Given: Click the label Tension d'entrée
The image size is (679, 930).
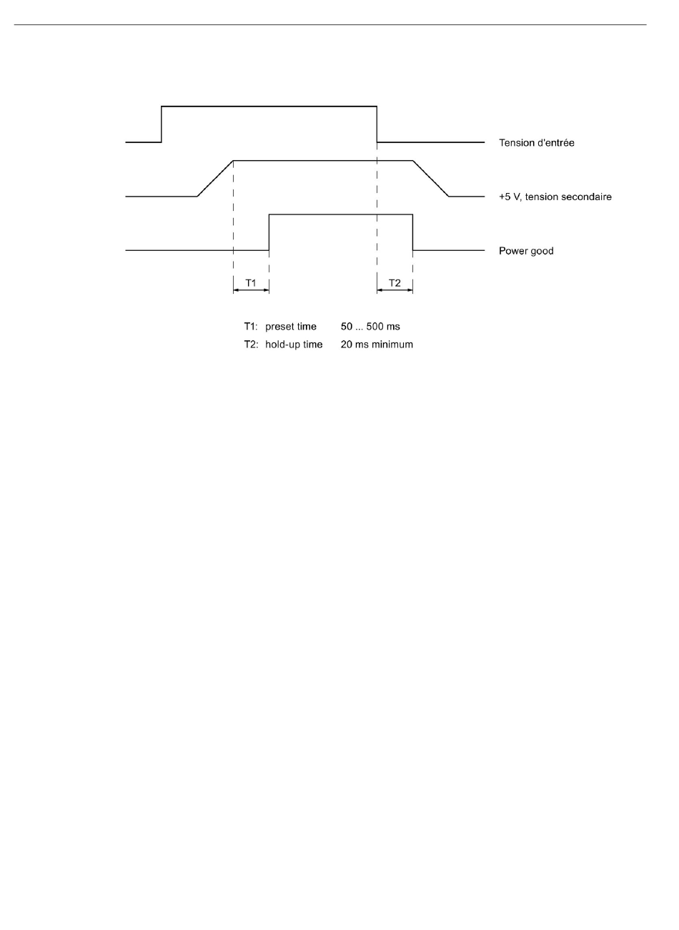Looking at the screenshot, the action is (x=536, y=143).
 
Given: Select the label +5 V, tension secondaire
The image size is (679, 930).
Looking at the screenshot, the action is (x=555, y=197).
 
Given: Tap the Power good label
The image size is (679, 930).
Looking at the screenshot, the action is (x=526, y=251).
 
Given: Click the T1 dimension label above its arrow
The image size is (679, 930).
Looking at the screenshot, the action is (x=251, y=283).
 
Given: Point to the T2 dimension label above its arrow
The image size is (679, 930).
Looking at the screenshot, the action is (x=395, y=283).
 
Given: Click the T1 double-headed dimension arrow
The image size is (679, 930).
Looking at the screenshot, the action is (x=251, y=291).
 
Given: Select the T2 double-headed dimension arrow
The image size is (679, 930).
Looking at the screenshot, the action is (x=395, y=291).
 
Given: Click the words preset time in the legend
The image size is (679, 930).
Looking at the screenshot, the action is (x=291, y=327).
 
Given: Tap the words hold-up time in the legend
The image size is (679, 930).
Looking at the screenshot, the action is (x=294, y=345).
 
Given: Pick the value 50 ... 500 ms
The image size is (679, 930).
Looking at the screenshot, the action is (x=370, y=327).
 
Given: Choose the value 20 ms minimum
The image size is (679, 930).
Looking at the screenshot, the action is (x=377, y=345).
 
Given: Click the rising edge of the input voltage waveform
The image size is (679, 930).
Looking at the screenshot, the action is (x=162, y=124).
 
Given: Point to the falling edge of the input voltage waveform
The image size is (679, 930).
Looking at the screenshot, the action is (x=377, y=124).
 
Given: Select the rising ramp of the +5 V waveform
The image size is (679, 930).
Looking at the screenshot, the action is (x=215, y=178).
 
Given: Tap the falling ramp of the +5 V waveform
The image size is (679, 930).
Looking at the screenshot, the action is (x=430, y=178).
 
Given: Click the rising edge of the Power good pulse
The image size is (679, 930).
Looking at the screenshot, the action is (x=269, y=232).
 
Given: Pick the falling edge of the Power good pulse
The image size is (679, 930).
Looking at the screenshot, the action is (x=413, y=232).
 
